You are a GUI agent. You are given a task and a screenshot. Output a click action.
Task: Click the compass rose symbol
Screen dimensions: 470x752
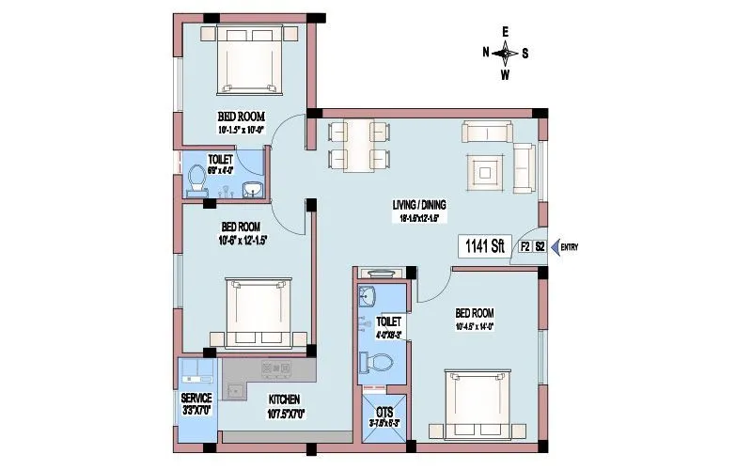tap(505, 53)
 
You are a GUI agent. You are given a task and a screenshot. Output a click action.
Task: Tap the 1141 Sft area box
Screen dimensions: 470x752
tap(485, 247)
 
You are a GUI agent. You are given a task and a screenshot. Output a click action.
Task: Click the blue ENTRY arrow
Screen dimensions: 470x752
tap(555, 247)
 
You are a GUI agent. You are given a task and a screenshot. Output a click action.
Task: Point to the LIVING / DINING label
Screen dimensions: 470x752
tap(419, 205)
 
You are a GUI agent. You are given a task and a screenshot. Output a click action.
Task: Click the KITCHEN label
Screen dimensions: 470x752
tap(283, 400)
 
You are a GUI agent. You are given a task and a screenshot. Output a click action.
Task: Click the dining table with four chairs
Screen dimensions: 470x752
tap(358, 145)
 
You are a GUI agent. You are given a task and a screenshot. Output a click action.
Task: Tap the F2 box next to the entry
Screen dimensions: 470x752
tap(525, 247)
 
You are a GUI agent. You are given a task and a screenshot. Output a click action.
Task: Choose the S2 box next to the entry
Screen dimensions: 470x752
tap(540, 247)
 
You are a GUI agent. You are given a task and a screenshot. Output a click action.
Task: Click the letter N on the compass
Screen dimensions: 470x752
tap(486, 53)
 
